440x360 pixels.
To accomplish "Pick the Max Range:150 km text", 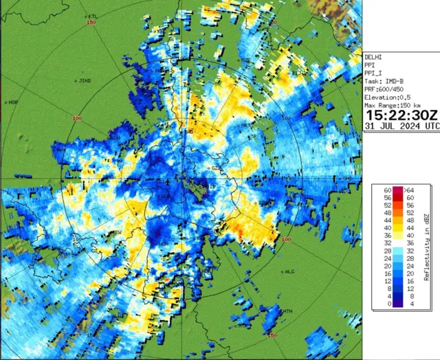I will (x=397, y=105).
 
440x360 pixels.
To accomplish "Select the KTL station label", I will (x=92, y=16).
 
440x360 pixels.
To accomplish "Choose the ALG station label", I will (x=289, y=271).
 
